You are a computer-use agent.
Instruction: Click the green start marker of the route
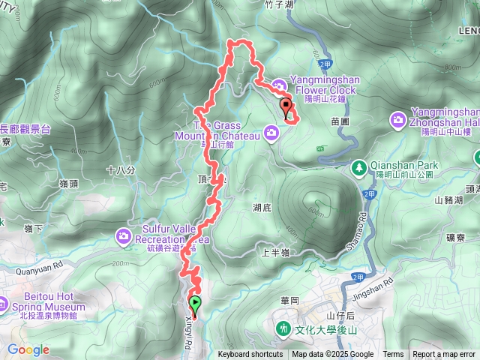click(196, 304)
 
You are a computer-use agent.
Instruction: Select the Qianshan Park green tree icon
click(359, 166)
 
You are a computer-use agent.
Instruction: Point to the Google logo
click(28, 349)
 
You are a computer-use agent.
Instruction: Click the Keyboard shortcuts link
click(250, 355)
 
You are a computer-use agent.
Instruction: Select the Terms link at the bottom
click(393, 355)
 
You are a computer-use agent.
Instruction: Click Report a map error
click(445, 355)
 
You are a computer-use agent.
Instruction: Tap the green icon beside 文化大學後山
click(283, 328)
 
